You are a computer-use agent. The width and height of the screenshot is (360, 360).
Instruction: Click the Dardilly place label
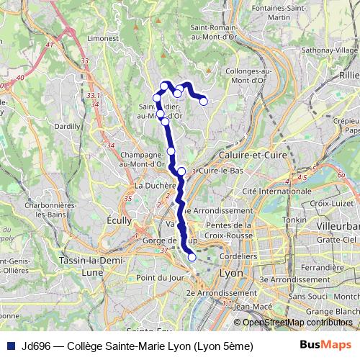66,125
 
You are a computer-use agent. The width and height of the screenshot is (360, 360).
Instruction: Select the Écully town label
117,220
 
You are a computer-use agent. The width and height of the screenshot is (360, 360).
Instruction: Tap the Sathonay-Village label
332,51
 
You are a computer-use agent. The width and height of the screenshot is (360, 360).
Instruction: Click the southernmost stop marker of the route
192,257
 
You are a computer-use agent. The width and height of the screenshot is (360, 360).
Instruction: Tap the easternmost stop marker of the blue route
204,102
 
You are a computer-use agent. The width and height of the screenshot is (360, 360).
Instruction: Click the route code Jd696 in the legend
37,346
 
